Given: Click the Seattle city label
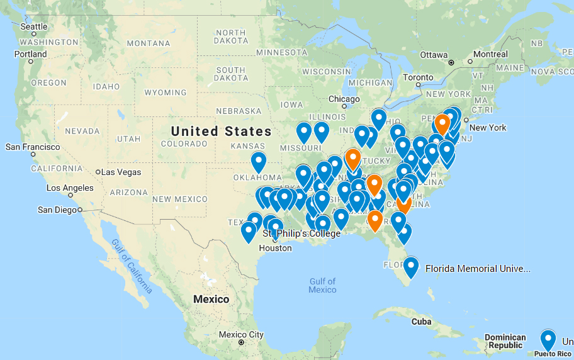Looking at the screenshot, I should tap(34, 26).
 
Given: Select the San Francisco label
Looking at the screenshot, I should tap(33, 147).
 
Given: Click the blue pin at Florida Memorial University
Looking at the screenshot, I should tap(411, 266).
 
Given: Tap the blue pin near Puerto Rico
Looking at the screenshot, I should tap(548, 339).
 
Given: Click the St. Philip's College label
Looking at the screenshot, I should tap(301, 234).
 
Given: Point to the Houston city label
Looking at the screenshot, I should tap(275, 248).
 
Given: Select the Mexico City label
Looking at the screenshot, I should tap(241, 334).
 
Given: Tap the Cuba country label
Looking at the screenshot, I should tap(421, 321).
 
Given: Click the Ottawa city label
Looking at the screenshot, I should tap(434, 55).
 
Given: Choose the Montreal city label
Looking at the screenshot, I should tap(490, 54).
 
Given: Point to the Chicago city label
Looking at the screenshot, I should tap(344, 99).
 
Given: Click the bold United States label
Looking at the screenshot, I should tap(222, 132).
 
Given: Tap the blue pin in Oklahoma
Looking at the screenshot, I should tap(259, 161).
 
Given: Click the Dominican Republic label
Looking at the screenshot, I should tap(505, 341).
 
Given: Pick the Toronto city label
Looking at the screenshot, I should tap(419, 77).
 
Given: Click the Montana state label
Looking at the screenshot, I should tap(149, 43).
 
